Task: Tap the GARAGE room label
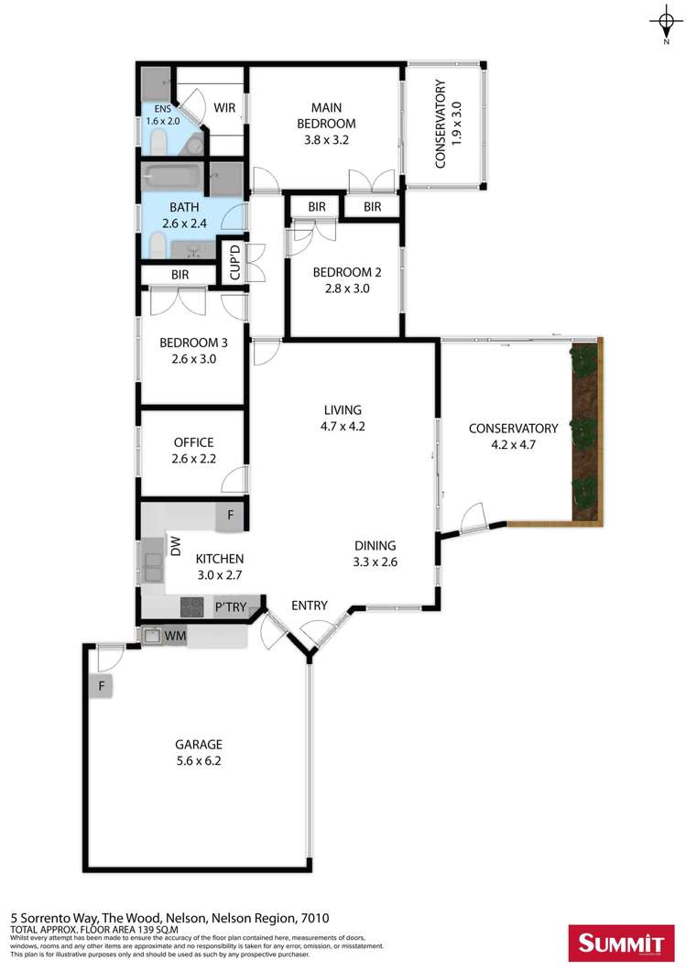click(199, 744)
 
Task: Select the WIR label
click(225, 108)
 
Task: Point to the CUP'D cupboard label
click(234, 262)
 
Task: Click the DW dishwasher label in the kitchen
click(176, 547)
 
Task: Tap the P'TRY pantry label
click(228, 606)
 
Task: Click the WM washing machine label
click(176, 634)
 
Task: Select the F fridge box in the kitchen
click(230, 518)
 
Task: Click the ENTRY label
click(309, 606)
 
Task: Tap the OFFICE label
click(193, 442)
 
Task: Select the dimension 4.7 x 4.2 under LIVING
click(342, 426)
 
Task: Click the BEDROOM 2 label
click(345, 272)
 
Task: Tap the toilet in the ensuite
click(158, 139)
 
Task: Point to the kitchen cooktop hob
click(192, 606)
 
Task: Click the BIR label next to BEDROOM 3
click(180, 275)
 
